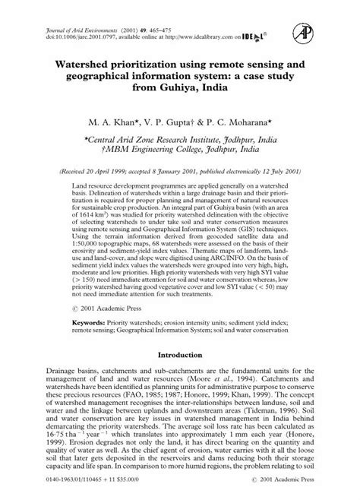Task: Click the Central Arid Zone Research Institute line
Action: [x=180, y=140]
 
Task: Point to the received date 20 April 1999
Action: [x=96, y=173]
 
